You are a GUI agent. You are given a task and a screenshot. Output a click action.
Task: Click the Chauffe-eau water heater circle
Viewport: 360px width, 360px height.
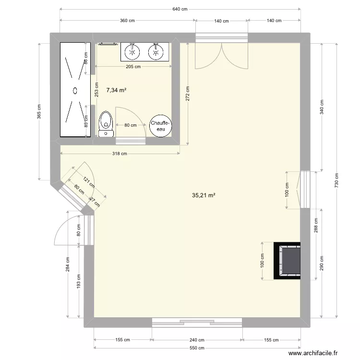[x=160, y=126]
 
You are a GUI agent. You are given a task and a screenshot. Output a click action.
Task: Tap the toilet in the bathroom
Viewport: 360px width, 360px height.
[x=106, y=124]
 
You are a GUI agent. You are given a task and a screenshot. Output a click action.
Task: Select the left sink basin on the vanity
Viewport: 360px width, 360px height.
[x=132, y=52]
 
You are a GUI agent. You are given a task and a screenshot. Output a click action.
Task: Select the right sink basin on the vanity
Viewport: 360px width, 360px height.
[x=156, y=52]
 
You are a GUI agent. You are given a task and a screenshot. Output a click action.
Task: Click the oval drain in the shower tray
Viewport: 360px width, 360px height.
[x=75, y=90]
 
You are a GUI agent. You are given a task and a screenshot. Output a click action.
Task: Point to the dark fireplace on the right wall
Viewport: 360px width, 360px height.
[x=287, y=261]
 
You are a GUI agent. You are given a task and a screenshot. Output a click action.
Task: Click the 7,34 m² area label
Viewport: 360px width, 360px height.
[x=117, y=90]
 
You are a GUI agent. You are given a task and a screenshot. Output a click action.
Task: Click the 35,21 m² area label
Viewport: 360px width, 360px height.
[x=204, y=195]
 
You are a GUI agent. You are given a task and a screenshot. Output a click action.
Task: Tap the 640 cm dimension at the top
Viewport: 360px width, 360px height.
[x=180, y=9]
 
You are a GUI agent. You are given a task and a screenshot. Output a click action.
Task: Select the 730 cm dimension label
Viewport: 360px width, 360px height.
[x=336, y=180]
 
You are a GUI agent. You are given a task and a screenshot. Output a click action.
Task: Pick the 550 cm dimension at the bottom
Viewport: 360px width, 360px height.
[x=197, y=348]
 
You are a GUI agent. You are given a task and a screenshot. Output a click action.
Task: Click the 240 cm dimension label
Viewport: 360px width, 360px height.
[x=197, y=340]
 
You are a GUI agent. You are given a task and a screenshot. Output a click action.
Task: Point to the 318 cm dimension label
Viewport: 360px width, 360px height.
[x=120, y=154]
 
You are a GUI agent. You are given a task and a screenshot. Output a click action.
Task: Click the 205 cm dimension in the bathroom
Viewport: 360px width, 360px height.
[x=133, y=67]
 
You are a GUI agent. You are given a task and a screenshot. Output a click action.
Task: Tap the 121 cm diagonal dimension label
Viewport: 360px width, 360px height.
[x=89, y=182]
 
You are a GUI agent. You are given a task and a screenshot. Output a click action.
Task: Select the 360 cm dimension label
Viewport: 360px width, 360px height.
[x=127, y=21]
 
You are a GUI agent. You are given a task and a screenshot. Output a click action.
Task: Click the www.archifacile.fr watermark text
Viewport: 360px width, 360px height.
[x=313, y=353]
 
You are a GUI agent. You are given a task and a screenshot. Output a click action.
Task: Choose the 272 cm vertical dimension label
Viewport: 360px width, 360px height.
[x=188, y=94]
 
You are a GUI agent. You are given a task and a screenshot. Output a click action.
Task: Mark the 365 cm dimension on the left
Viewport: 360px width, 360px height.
[x=39, y=112]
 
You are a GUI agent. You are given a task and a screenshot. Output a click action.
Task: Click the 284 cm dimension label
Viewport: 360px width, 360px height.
[x=68, y=264]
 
